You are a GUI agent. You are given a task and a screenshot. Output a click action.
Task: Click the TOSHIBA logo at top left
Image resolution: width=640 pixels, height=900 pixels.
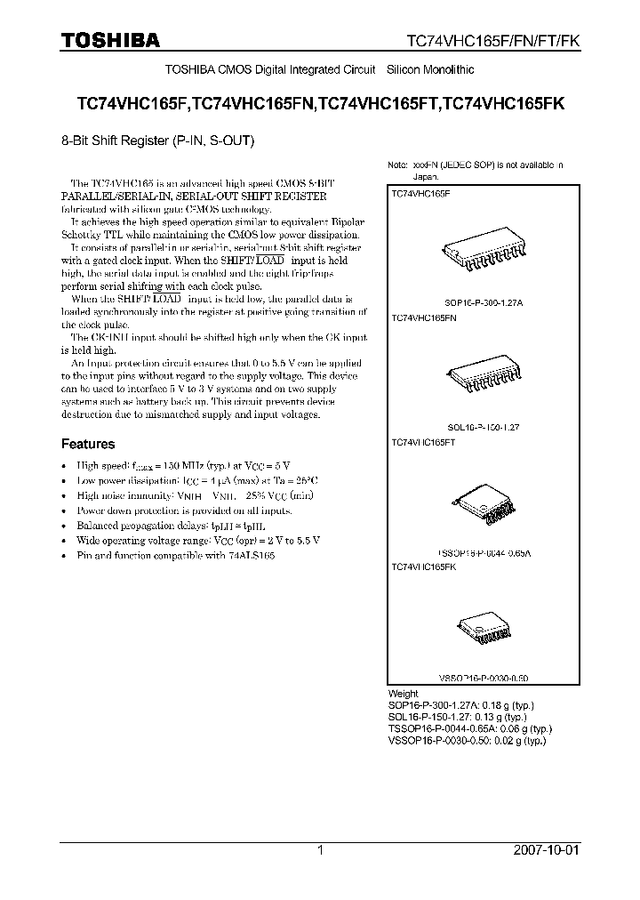[x=110, y=39]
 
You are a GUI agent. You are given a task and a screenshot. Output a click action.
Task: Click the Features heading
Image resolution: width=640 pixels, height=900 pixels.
[x=87, y=444]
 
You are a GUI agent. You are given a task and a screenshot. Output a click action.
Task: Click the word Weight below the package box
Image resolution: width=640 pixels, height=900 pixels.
[x=403, y=694]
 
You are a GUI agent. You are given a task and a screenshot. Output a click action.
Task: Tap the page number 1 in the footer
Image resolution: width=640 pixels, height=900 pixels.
[x=320, y=850]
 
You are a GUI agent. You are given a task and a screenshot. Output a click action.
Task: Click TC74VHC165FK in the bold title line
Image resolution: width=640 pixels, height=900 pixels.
[x=504, y=103]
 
